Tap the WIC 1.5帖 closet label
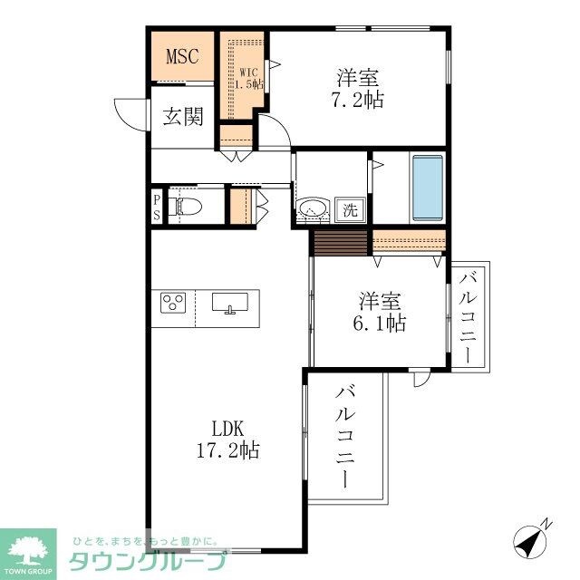(x=249, y=78)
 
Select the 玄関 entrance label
(x=182, y=117)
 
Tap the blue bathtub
(x=427, y=188)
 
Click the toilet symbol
(x=186, y=207)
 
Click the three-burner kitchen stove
(x=174, y=303)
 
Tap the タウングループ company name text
(x=144, y=561)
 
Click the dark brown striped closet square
(x=341, y=242)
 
